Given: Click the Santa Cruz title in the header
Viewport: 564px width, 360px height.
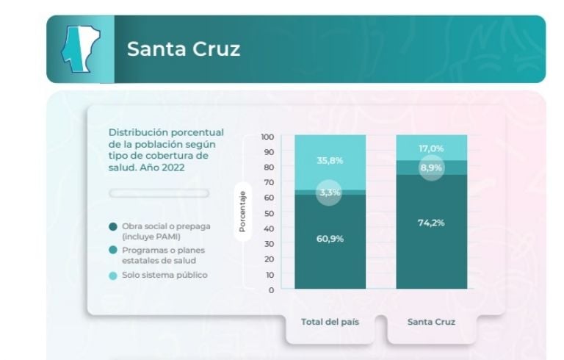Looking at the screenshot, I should (183, 49).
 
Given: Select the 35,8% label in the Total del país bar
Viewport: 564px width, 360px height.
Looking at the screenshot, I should (330, 161).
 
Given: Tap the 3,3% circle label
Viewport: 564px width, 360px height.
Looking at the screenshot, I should (330, 193).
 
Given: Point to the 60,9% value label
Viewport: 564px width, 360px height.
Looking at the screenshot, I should (330, 239).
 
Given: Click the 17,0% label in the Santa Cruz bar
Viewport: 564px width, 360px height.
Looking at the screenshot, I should (431, 148).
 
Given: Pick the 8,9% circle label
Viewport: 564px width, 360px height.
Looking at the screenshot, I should (431, 168).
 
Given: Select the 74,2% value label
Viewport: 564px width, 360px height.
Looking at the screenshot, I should (431, 223).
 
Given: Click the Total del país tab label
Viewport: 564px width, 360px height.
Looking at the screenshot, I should (330, 322).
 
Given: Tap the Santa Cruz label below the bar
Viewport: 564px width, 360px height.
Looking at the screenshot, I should (431, 322).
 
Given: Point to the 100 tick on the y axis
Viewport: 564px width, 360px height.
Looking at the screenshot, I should (267, 137).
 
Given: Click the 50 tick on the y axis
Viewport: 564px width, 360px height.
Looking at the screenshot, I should (268, 213).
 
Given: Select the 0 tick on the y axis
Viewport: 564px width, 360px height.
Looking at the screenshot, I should (270, 289).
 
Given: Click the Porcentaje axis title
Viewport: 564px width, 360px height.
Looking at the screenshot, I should (242, 212).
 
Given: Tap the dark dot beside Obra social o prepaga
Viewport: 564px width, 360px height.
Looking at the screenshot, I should (112, 226).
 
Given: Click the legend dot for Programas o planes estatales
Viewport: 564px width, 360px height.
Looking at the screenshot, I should (112, 251).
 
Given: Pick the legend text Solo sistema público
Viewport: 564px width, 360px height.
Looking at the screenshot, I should (164, 275).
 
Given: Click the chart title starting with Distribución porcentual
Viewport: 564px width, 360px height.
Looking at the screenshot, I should (165, 149).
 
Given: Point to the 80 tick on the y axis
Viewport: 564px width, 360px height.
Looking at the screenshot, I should (268, 168).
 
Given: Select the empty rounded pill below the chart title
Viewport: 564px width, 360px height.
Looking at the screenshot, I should (159, 193).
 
